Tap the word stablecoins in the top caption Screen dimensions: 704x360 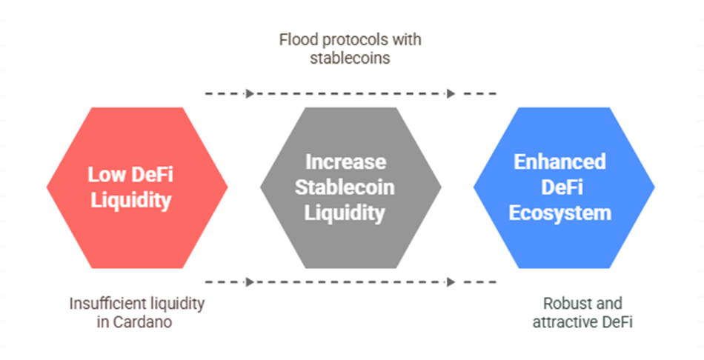pyautogui.click(x=350, y=59)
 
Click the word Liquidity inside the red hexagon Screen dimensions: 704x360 pyautogui.click(x=131, y=201)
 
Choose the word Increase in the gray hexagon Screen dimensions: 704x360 pyautogui.click(x=345, y=162)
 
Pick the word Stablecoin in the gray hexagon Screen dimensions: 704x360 pyautogui.click(x=345, y=187)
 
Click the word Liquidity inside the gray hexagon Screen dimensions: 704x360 pyautogui.click(x=345, y=213)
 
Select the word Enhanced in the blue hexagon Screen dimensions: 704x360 pyautogui.click(x=559, y=162)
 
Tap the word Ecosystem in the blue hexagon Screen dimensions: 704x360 pyautogui.click(x=560, y=213)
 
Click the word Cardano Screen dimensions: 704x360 pyautogui.click(x=142, y=322)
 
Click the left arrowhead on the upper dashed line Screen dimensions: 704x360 pyautogui.click(x=250, y=93)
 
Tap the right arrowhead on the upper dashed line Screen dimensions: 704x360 pyautogui.click(x=451, y=93)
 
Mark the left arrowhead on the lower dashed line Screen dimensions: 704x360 pyautogui.click(x=250, y=282)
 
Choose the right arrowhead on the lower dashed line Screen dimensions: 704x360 pyautogui.click(x=451, y=282)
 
